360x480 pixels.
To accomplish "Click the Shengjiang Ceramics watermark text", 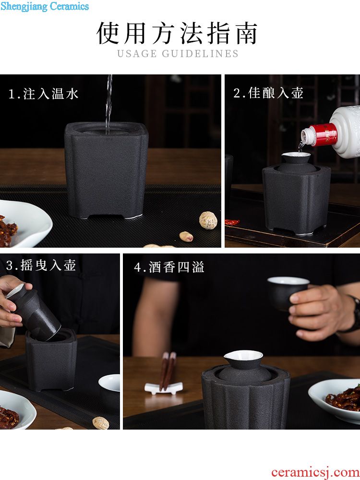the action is tap(45, 6).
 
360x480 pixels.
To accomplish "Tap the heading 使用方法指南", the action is tap(177, 33).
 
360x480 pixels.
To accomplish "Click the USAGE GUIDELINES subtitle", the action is tap(178, 54).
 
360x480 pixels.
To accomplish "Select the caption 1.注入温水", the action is tap(44, 94).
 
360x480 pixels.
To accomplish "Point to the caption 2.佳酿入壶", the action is tap(268, 93).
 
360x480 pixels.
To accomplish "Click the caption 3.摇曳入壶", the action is tap(41, 265).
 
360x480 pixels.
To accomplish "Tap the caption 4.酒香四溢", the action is tap(169, 267).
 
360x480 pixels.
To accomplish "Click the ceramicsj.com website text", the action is tap(315, 472).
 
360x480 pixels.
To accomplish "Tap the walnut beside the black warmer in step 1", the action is tap(208, 220).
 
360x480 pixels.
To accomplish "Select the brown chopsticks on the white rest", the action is tap(168, 371).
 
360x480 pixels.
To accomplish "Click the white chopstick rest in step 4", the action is tap(164, 388).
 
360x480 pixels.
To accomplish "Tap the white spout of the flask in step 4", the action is tap(243, 356).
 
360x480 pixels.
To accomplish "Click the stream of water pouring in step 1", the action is tap(108, 104).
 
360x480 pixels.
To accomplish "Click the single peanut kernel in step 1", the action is tap(186, 236).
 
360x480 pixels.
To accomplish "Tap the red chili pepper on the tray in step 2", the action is tap(232, 222).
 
